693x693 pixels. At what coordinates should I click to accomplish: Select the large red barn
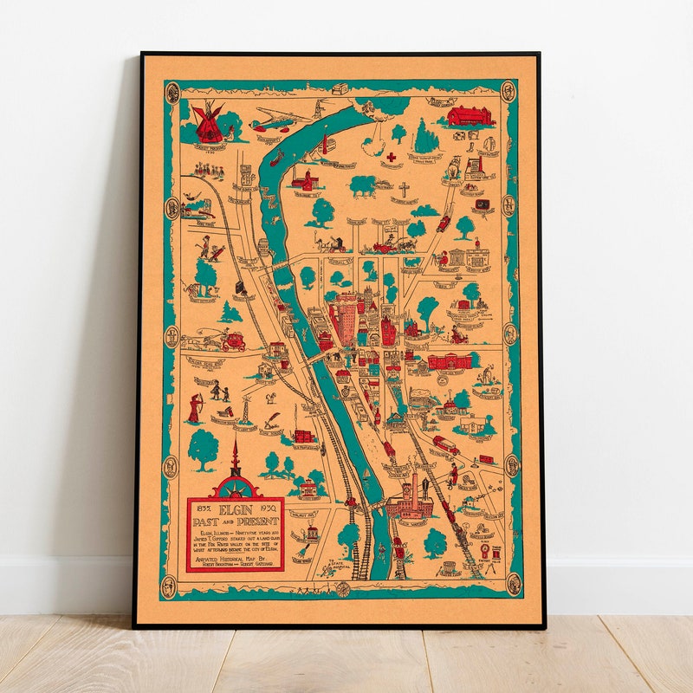tap(470, 115)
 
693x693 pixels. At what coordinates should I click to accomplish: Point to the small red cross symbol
tap(391, 157)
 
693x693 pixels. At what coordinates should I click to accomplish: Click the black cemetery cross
tap(404, 189)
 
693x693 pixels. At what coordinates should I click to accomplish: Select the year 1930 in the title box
tap(269, 508)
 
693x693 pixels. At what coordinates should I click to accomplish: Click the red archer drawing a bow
tap(195, 408)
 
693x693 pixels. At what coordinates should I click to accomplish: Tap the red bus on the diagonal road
tap(445, 444)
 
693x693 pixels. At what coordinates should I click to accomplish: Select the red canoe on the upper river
tap(276, 159)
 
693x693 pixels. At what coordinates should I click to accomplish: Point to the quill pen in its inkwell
tap(272, 420)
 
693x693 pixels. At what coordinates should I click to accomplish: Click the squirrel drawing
tap(269, 398)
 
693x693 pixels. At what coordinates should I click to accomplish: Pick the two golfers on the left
tap(209, 249)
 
